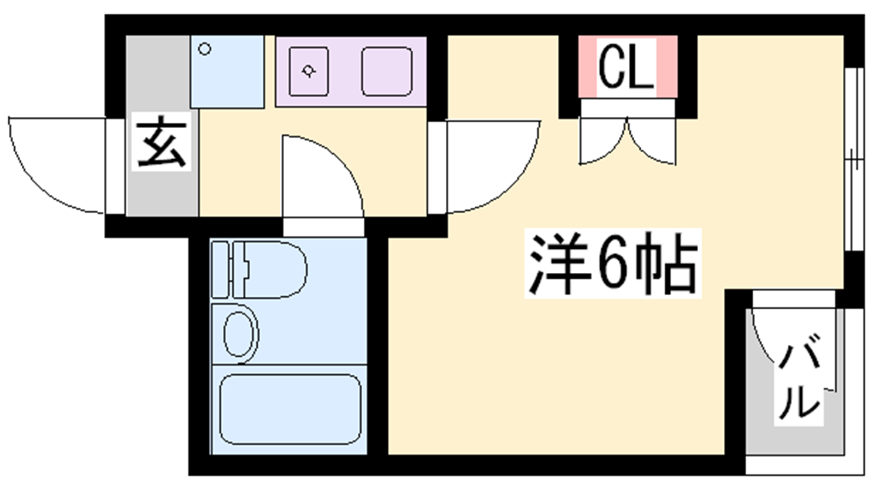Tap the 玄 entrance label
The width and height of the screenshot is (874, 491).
coord(162,141)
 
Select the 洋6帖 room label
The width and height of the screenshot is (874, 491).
coord(612,264)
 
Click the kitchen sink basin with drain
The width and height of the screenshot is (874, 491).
coord(308,71)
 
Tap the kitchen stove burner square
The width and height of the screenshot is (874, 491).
coord(387,71)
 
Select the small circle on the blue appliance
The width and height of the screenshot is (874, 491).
coord(205,49)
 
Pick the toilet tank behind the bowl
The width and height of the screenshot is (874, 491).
coord(220,270)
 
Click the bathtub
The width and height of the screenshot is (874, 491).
coord(290,409)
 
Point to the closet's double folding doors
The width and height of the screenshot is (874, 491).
coord(628,141)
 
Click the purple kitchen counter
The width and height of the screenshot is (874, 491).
coord(351,71)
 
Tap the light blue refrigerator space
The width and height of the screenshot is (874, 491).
coord(227,71)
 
